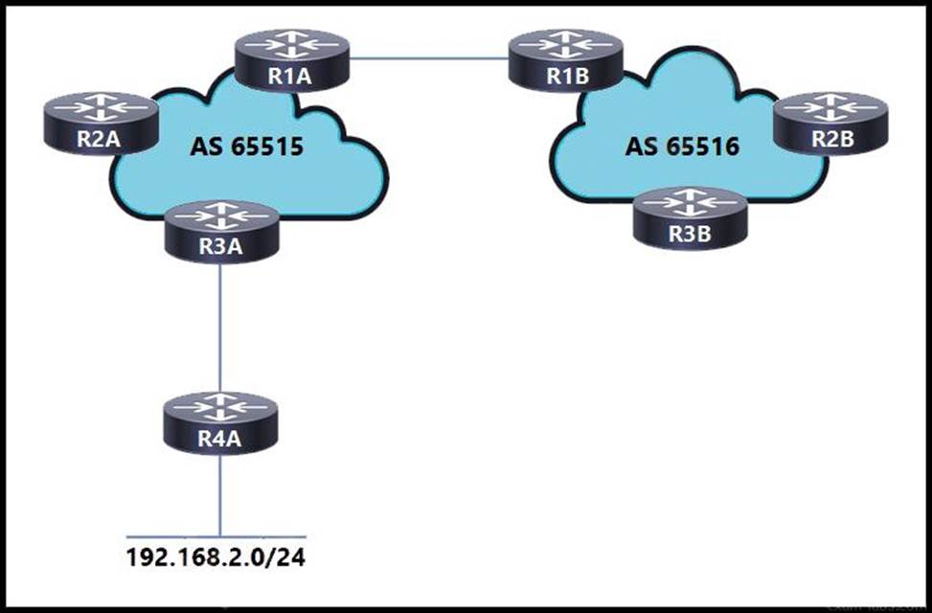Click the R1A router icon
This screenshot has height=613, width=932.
pyautogui.click(x=293, y=59)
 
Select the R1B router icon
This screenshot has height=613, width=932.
pyautogui.click(x=564, y=59)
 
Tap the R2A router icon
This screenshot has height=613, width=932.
pyautogui.click(x=100, y=122)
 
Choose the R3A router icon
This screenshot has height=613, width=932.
pyautogui.click(x=221, y=231)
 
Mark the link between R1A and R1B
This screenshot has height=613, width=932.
pyautogui.click(x=429, y=57)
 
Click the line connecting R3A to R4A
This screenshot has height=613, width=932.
pyautogui.click(x=220, y=326)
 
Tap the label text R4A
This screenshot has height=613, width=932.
pyautogui.click(x=220, y=440)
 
